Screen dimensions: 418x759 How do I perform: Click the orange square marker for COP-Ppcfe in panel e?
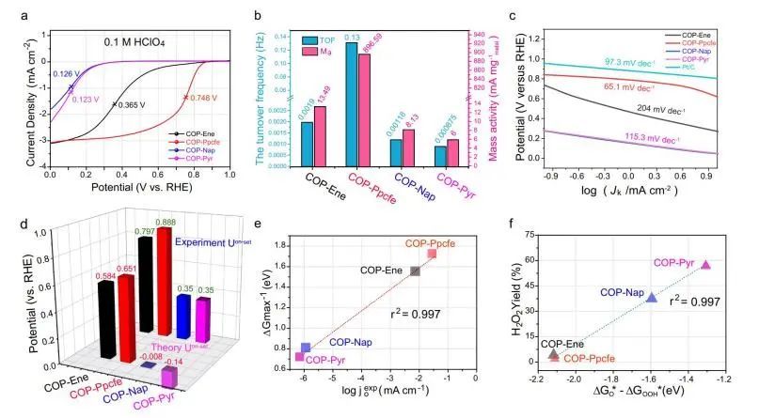pyautogui.click(x=431, y=254)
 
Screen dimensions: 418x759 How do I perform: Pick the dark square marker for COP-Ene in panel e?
pyautogui.click(x=415, y=271)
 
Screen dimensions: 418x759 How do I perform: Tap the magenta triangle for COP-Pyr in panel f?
pyautogui.click(x=705, y=265)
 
